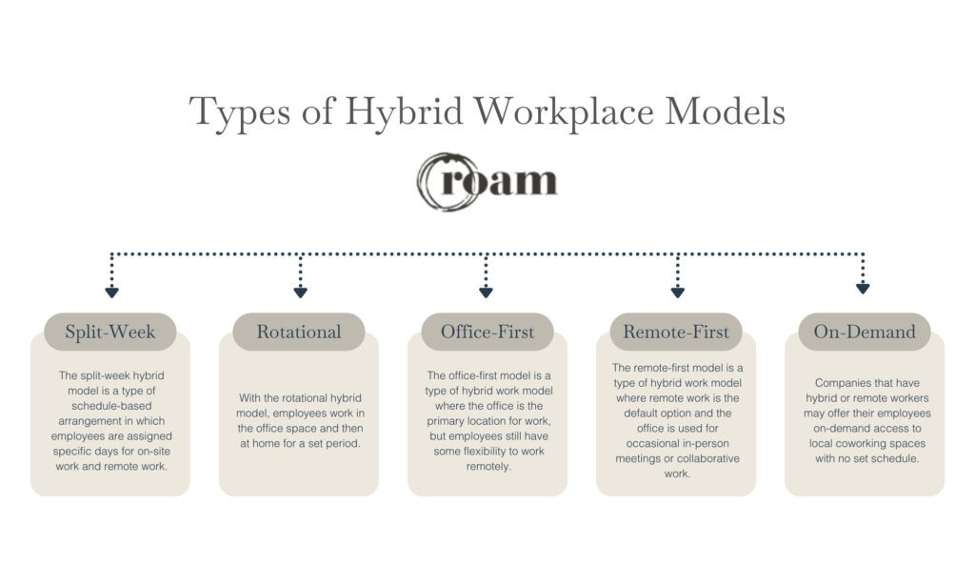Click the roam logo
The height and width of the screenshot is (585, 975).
pyautogui.click(x=487, y=181)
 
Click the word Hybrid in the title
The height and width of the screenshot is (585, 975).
pyautogui.click(x=404, y=112)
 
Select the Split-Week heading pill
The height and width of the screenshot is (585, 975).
pyautogui.click(x=110, y=332)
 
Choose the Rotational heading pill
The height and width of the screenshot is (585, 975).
pyautogui.click(x=298, y=332)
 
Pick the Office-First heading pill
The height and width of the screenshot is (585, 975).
pyautogui.click(x=487, y=332)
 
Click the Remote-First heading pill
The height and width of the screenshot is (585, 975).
pyautogui.click(x=676, y=332)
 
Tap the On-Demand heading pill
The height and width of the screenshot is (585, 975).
pyautogui.click(x=865, y=332)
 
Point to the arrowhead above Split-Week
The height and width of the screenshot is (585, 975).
pyautogui.click(x=112, y=292)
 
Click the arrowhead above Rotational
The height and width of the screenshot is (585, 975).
pyautogui.click(x=300, y=292)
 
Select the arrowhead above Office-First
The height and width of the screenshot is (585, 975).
pyautogui.click(x=487, y=292)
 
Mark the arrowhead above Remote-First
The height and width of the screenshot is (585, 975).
pyautogui.click(x=678, y=292)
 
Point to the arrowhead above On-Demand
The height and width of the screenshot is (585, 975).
pyautogui.click(x=863, y=288)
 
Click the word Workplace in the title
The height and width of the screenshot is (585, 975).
pyautogui.click(x=564, y=112)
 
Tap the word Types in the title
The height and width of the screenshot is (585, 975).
pyautogui.click(x=240, y=113)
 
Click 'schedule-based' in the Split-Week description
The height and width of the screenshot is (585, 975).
pyautogui.click(x=111, y=406)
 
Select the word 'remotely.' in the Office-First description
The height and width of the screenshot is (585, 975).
pyautogui.click(x=488, y=466)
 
